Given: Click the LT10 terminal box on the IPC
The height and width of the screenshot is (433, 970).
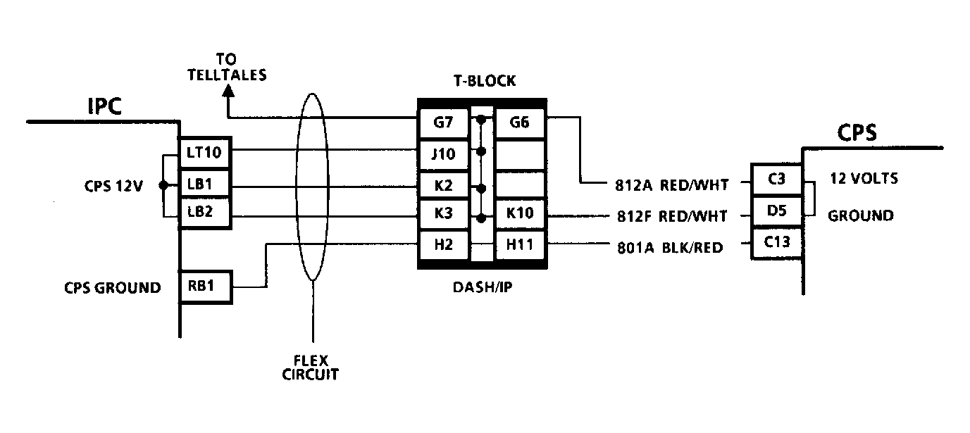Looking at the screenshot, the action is pos(205,152).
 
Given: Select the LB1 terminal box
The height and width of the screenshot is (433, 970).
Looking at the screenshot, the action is pos(205,184).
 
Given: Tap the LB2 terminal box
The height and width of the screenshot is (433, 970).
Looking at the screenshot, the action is pos(205,213).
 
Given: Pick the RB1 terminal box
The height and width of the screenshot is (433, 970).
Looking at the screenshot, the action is pos(205,287).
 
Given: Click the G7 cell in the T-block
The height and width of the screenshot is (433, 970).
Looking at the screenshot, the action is pos(444,123).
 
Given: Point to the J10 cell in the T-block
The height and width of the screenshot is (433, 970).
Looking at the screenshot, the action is pos(444,154).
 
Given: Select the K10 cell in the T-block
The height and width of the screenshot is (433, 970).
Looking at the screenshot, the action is pos(520,213).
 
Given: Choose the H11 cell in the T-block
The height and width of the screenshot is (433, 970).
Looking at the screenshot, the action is pos(520,245).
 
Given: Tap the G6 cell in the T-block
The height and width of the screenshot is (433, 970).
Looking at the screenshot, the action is pos(520,123).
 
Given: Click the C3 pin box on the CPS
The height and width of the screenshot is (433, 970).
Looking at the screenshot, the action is pos(776,180).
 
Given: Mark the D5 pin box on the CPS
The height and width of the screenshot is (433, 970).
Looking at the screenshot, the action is pos(776,211).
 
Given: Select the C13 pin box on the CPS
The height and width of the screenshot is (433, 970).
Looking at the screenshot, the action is pos(776,242).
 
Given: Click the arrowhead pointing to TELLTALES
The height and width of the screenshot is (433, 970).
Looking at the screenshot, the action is pos(228,91).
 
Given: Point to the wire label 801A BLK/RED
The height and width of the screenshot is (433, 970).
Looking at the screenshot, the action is pos(670,248).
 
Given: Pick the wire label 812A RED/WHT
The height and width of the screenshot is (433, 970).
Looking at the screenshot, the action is pos(671,185).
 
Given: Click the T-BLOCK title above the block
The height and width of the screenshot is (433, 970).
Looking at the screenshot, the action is pos(485,81).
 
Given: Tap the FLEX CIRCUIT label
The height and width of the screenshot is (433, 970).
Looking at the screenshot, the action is pos(311,368).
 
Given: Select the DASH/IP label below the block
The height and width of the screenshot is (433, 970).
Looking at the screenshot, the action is pos(483,287).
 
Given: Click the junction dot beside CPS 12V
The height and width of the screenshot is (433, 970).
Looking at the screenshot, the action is pos(163,185).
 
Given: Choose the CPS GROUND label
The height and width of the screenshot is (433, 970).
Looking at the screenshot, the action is pos(113,288).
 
